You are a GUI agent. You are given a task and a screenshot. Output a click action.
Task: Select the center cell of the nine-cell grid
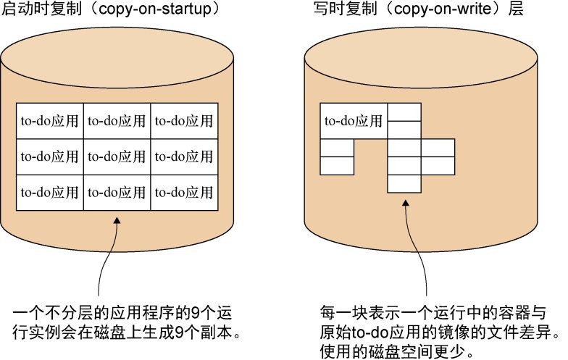coord(117,156)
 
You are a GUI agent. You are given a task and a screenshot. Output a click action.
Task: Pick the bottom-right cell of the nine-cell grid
coord(185,193)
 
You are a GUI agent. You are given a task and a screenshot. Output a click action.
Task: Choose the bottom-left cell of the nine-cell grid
coord(50,193)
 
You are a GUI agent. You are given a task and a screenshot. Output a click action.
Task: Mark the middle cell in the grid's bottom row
coord(117,193)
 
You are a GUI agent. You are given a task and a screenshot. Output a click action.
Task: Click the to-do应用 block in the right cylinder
coord(354,121)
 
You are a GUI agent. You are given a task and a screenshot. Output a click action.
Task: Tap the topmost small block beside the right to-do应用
coord(404,112)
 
